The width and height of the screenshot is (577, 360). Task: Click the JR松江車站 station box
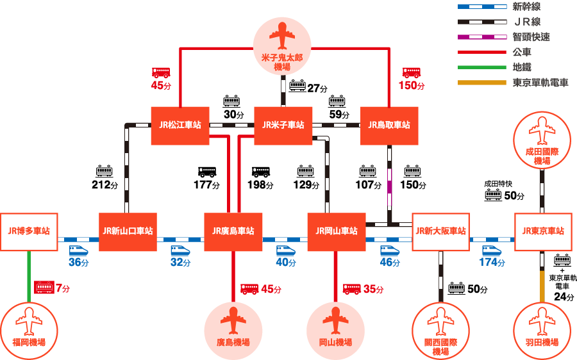click(180, 126)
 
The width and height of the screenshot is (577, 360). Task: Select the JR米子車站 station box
click(283, 126)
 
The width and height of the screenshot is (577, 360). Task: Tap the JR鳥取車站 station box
click(389, 126)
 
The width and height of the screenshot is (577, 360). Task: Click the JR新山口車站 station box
click(128, 232)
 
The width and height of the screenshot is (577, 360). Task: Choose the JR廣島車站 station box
click(233, 232)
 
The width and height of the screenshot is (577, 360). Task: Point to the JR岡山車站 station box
click(337, 232)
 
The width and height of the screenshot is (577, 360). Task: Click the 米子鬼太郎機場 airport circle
click(282, 46)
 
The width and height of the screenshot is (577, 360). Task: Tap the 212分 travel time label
click(105, 184)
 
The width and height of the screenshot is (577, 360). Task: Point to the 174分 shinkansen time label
click(492, 262)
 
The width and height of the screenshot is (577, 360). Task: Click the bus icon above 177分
click(207, 172)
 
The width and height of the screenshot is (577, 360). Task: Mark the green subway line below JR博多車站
click(29, 277)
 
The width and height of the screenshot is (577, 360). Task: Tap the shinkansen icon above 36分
click(79, 251)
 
